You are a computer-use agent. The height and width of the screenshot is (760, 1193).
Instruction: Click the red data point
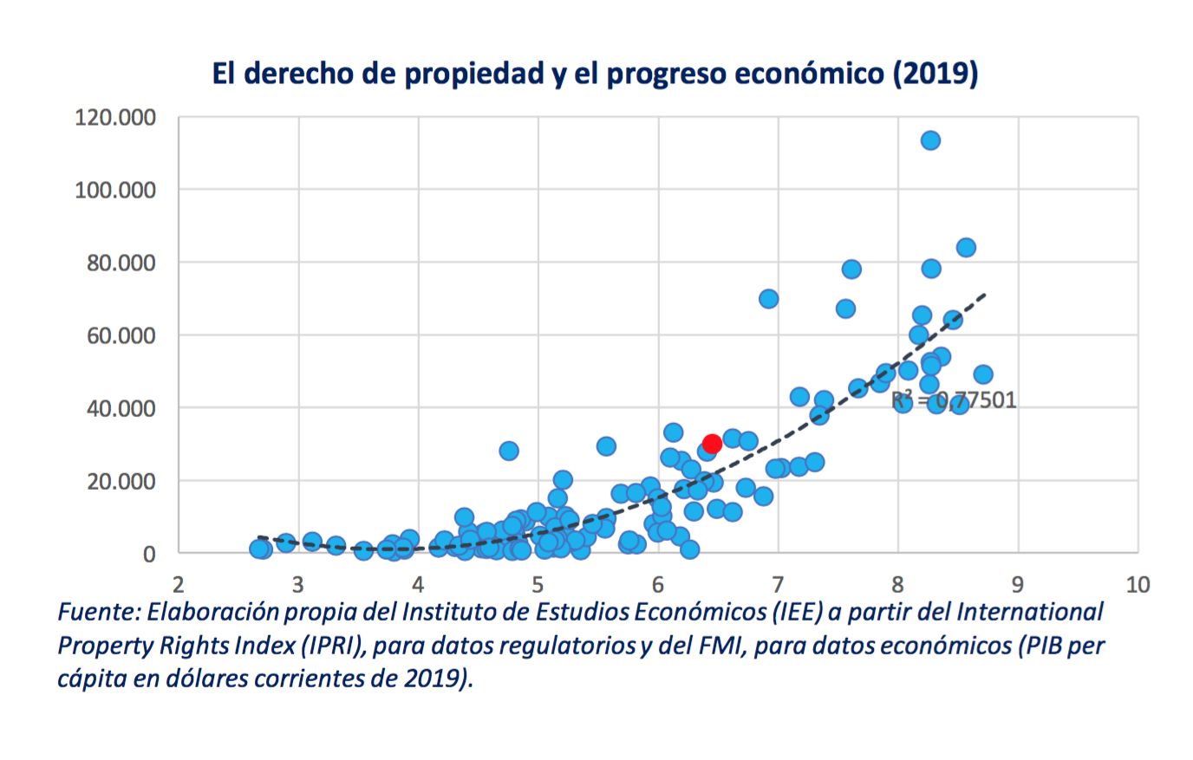(x=712, y=444)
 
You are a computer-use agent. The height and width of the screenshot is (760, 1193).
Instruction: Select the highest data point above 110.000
(x=930, y=140)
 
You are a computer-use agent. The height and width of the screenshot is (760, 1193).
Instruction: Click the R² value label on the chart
(x=954, y=400)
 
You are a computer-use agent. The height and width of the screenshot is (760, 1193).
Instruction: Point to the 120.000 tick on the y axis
(x=115, y=117)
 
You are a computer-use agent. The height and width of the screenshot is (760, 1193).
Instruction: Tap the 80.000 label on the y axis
(x=121, y=263)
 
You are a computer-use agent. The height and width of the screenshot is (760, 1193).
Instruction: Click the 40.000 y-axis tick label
(x=121, y=408)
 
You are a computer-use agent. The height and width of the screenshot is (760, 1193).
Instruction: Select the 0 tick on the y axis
(x=149, y=554)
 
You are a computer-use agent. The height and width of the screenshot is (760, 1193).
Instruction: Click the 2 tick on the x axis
(x=179, y=585)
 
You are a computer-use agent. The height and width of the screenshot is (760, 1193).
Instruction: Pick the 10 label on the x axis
(x=1137, y=585)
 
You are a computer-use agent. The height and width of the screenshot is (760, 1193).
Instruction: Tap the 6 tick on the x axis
(x=658, y=585)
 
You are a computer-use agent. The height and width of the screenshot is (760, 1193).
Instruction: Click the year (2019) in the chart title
(x=935, y=74)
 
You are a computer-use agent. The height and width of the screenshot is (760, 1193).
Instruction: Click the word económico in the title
(x=810, y=74)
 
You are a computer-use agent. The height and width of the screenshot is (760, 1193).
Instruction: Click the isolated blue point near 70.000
(x=768, y=299)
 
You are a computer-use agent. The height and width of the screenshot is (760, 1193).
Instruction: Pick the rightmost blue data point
(x=982, y=374)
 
